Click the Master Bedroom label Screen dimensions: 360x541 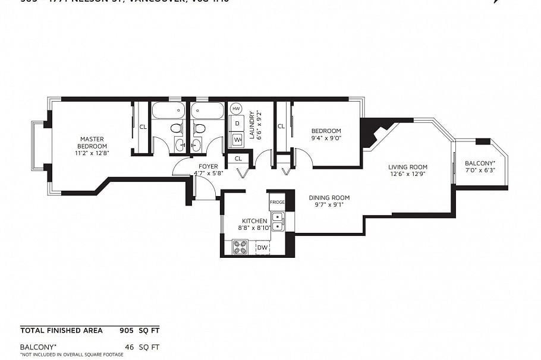coord(92,143)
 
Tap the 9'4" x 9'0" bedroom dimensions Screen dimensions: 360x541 coord(326,138)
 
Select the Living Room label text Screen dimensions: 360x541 coord(408,167)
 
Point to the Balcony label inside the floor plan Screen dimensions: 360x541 coord(479,163)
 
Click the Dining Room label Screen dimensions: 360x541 coord(329,198)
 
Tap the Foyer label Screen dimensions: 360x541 coord(208,166)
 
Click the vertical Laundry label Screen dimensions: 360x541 coord(252,125)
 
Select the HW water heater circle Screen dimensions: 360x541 coord(236,109)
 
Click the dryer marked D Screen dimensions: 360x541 coord(237,124)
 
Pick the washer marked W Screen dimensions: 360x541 coord(237,140)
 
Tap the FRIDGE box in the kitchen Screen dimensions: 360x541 coord(277,202)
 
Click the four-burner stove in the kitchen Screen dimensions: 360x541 coord(240,247)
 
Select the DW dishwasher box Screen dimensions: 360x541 coord(262,247)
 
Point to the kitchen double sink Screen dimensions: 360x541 coord(278,221)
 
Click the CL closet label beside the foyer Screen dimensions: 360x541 coord(238,159)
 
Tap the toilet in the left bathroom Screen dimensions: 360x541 coord(176,128)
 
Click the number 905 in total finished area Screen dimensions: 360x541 coord(126,330)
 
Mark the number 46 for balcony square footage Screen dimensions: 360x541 coord(129,346)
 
